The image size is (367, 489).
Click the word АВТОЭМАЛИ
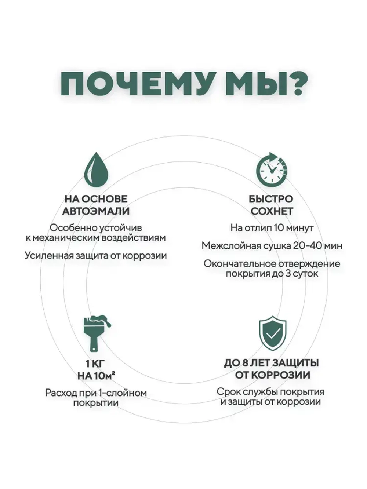pyautogui.click(x=96, y=211)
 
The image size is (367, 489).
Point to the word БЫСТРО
pyautogui.click(x=271, y=199)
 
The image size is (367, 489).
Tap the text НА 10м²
pyautogui.click(x=97, y=376)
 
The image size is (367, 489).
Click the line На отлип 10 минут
pyautogui.click(x=272, y=228)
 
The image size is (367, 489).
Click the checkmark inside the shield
pyautogui.click(x=273, y=333)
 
